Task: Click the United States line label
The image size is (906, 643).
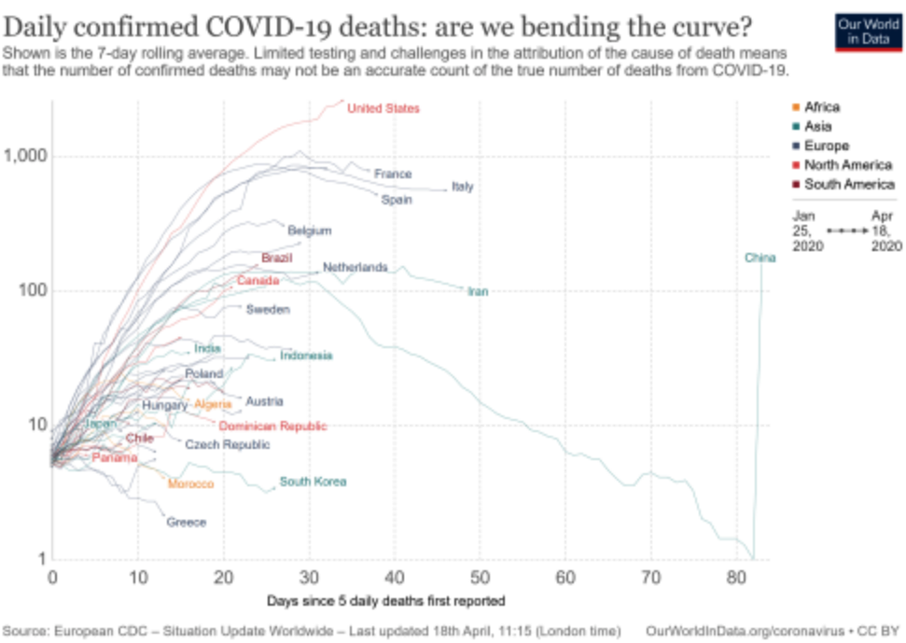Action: tap(383, 109)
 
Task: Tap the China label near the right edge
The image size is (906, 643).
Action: tap(760, 258)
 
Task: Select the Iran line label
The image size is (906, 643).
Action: tap(478, 292)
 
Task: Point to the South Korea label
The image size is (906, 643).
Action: tap(314, 482)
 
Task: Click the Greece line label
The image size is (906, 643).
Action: tap(186, 523)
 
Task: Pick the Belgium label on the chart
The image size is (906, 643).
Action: tap(309, 231)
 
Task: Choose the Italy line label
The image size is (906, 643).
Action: tap(462, 187)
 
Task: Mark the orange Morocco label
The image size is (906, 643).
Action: tap(190, 484)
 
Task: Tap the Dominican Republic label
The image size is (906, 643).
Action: tap(272, 426)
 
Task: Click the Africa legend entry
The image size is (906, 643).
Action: tap(821, 107)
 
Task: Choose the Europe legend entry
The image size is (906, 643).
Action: tap(826, 146)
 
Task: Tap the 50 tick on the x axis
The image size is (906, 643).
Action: tap(480, 578)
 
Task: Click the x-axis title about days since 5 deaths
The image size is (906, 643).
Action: tap(386, 600)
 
